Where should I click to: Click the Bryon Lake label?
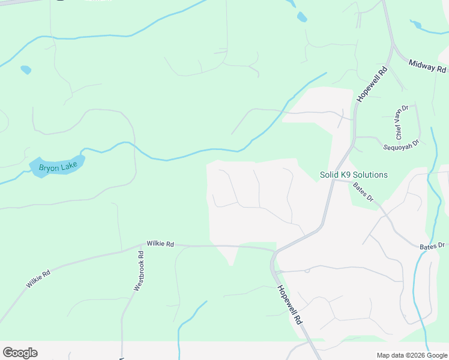coord(53,167)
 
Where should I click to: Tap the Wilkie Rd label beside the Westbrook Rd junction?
coord(160,244)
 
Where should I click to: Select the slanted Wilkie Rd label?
coord(38,278)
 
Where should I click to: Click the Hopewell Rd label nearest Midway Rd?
coord(372,84)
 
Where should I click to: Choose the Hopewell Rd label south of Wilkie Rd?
coord(289,305)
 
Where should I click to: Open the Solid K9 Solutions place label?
coord(354,175)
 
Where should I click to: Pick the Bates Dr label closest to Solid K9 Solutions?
coord(363,191)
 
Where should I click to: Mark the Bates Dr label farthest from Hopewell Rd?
coord(432,245)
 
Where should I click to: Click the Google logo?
coord(20,352)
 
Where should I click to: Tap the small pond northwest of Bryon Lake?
coord(26,70)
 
